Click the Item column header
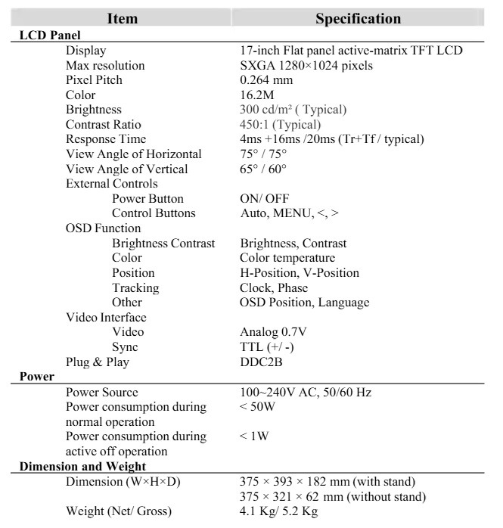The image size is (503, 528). point(122,18)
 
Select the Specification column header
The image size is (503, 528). point(358,18)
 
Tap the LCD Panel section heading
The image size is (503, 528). point(49,35)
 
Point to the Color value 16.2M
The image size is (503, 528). point(257,95)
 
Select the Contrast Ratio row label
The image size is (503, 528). point(104,125)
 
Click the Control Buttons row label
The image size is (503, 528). point(154,213)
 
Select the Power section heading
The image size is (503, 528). point(36,377)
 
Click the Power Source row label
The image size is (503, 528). point(102,393)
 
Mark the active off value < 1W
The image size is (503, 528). point(255,436)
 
